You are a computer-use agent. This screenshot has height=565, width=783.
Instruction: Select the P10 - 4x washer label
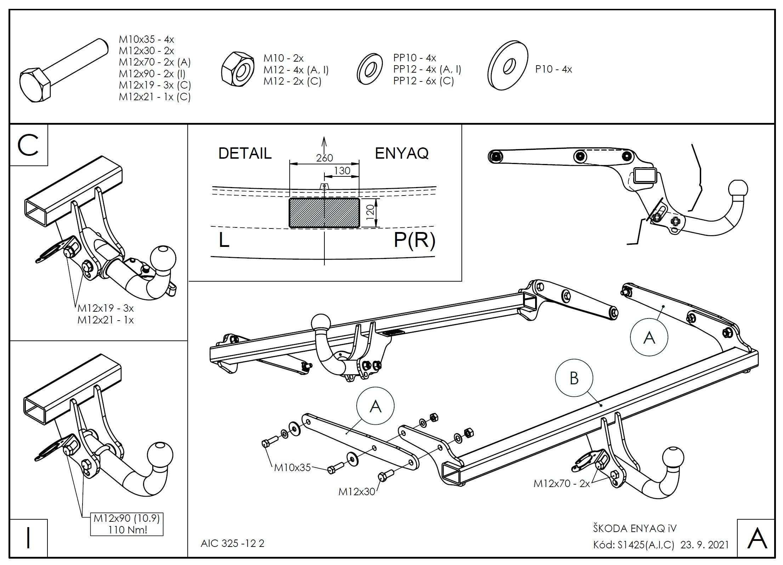click(553, 69)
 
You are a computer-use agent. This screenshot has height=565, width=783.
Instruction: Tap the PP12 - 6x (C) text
click(423, 81)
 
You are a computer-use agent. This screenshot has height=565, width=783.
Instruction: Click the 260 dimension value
click(324, 158)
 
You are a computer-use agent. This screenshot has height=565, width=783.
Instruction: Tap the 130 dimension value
click(342, 171)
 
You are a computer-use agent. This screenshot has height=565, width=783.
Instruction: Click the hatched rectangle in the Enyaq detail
click(324, 213)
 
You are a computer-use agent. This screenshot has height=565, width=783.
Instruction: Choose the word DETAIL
click(245, 153)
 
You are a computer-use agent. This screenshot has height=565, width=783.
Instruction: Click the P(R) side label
click(414, 241)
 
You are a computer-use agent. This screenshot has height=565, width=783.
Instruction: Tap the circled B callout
click(573, 378)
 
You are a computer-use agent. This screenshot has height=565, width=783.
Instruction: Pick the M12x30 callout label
click(356, 492)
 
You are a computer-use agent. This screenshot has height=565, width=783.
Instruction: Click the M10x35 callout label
click(292, 468)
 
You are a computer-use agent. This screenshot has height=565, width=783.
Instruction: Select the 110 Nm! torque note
click(126, 530)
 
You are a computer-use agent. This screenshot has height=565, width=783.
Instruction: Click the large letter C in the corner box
click(28, 146)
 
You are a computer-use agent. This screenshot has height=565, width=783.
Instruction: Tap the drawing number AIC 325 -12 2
click(232, 543)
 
